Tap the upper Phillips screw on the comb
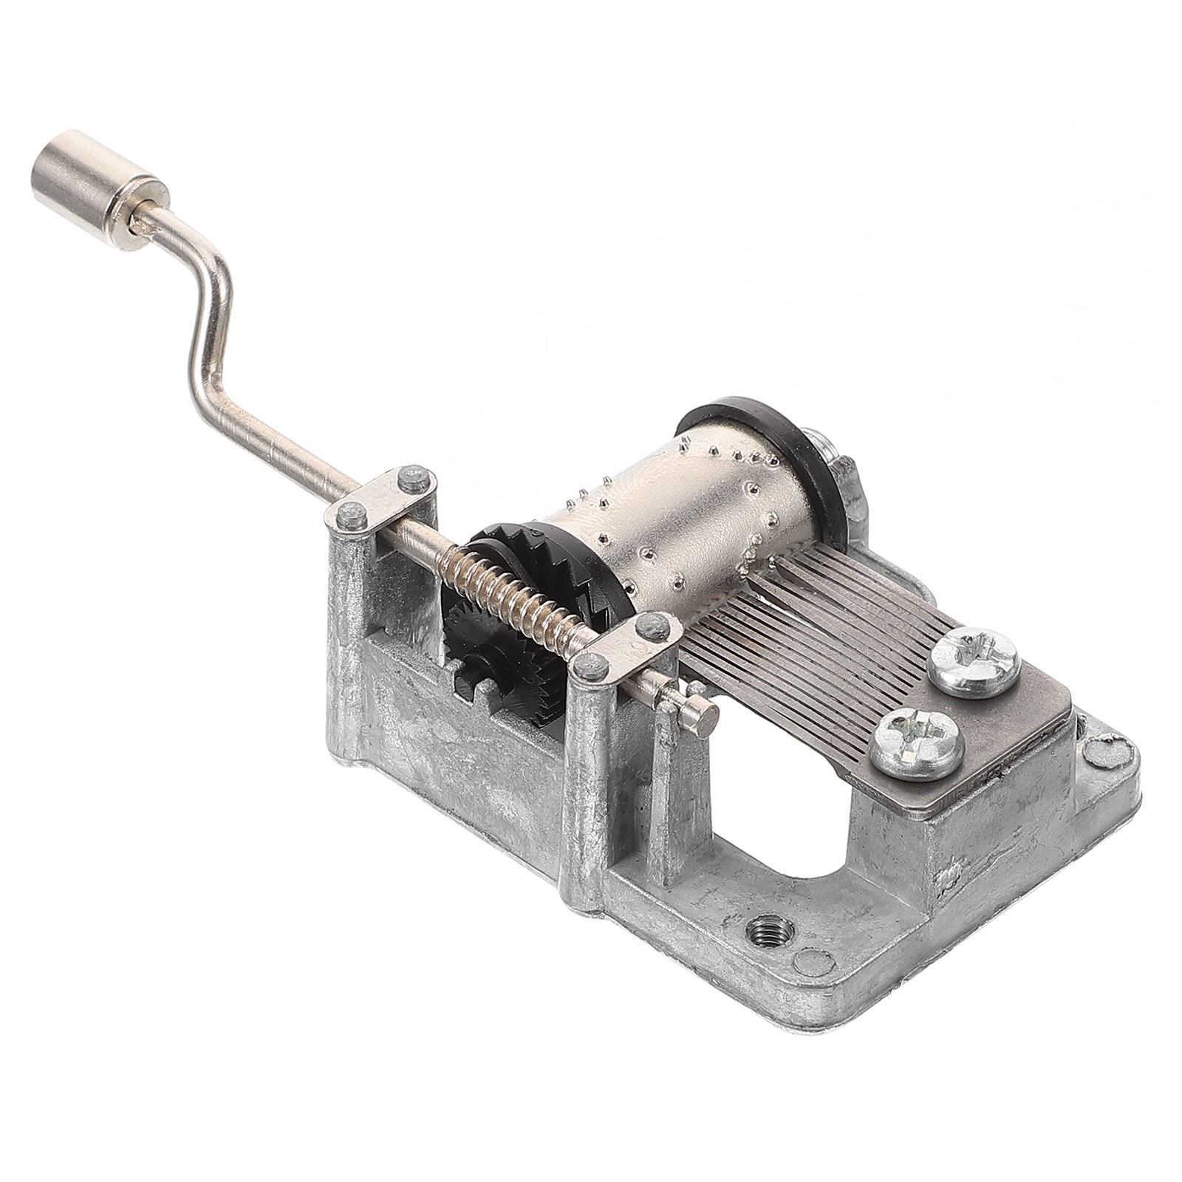point(974,662)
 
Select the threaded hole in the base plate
point(769,928)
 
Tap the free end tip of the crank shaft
point(706,715)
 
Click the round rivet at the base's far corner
point(1108,753)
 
